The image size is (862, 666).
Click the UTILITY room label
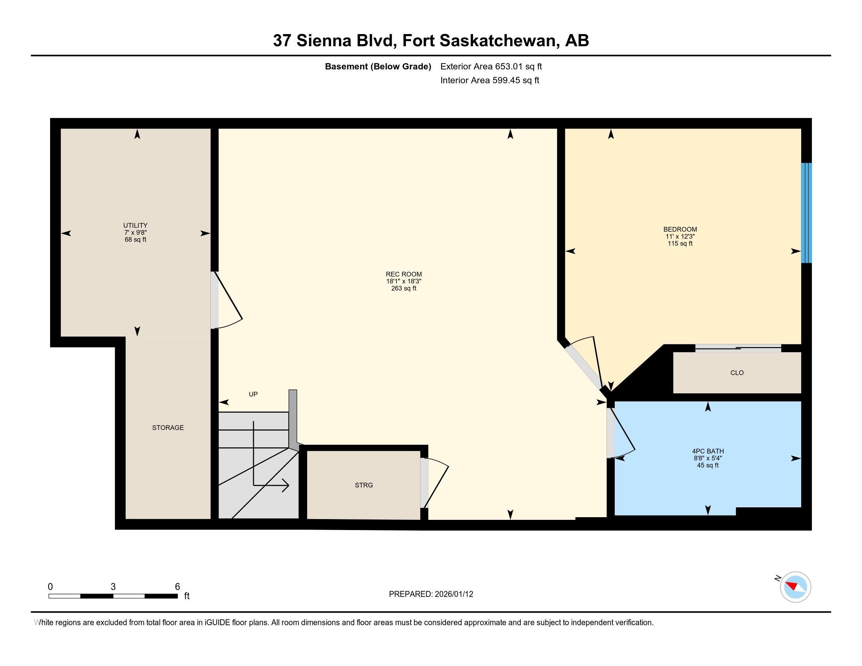pyautogui.click(x=136, y=225)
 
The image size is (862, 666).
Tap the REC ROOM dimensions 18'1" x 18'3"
pyautogui.click(x=404, y=281)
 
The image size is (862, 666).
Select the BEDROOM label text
pyautogui.click(x=680, y=229)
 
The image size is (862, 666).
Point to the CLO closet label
pyautogui.click(x=737, y=373)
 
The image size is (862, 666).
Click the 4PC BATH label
pyautogui.click(x=708, y=451)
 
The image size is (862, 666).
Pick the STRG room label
pyautogui.click(x=364, y=485)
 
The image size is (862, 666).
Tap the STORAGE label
pyautogui.click(x=168, y=427)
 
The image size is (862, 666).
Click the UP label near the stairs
pyautogui.click(x=253, y=394)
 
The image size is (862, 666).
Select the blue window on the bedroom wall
pyautogui.click(x=806, y=213)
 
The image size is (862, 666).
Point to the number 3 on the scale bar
pyautogui.click(x=113, y=586)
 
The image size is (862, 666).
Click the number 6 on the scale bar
pyautogui.click(x=177, y=586)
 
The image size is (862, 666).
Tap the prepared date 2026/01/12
pyautogui.click(x=453, y=594)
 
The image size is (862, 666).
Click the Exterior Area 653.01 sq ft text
pyautogui.click(x=491, y=66)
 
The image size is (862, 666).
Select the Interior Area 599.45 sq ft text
pyautogui.click(x=489, y=80)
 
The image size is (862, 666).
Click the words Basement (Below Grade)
pyautogui.click(x=378, y=66)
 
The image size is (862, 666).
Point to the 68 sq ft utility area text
pyautogui.click(x=136, y=239)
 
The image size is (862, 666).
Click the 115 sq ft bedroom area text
pyautogui.click(x=680, y=243)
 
